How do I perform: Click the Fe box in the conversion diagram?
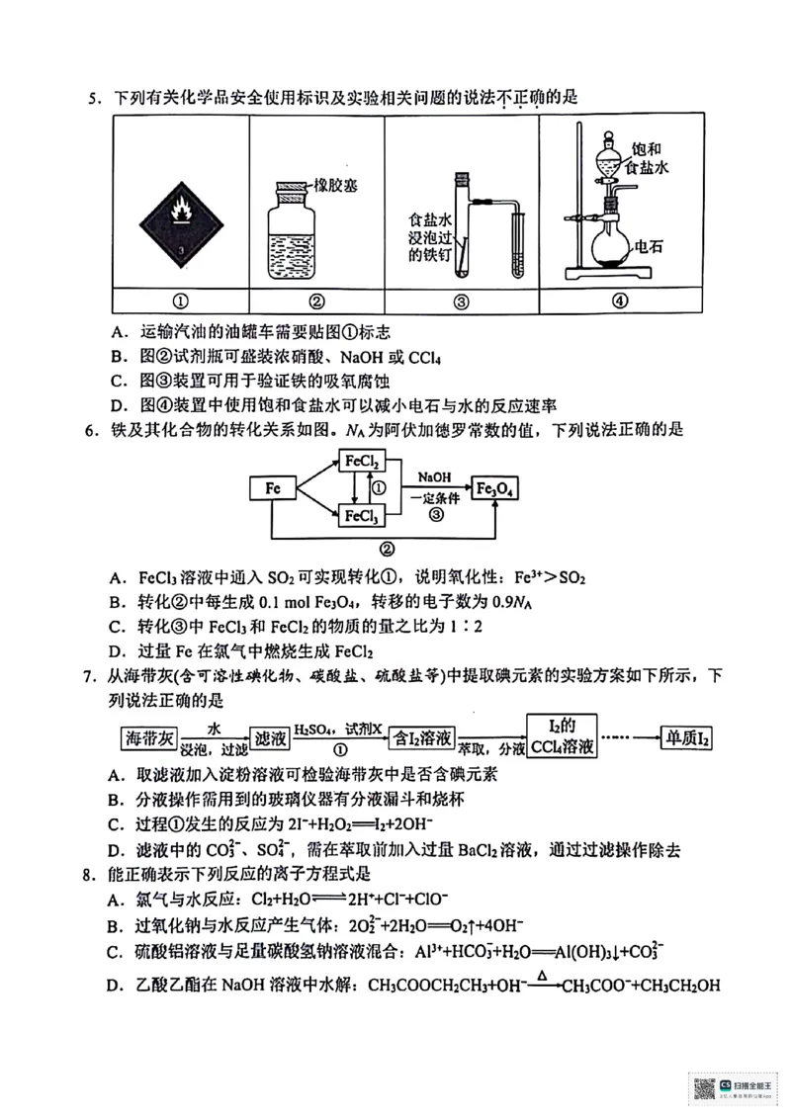coord(274,488)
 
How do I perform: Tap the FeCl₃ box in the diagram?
coord(361,515)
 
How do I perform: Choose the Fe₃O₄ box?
coord(497,488)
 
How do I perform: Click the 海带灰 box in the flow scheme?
coord(148,737)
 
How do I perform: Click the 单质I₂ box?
coord(689,737)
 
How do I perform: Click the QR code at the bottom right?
coord(703,1088)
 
